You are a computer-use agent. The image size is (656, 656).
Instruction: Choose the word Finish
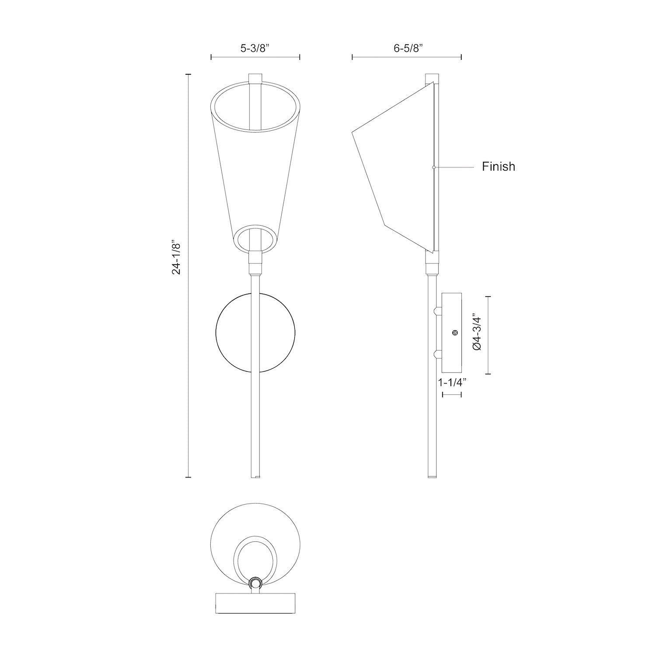tap(498, 167)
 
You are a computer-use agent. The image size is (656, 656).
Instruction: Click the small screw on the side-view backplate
tap(455, 333)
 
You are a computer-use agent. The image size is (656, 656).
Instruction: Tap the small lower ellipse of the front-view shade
tap(256, 240)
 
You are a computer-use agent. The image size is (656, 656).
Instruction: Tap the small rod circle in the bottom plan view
tap(255, 583)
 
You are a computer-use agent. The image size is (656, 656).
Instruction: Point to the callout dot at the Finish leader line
tap(433, 167)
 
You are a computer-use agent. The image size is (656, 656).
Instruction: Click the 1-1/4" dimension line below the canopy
tap(452, 395)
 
